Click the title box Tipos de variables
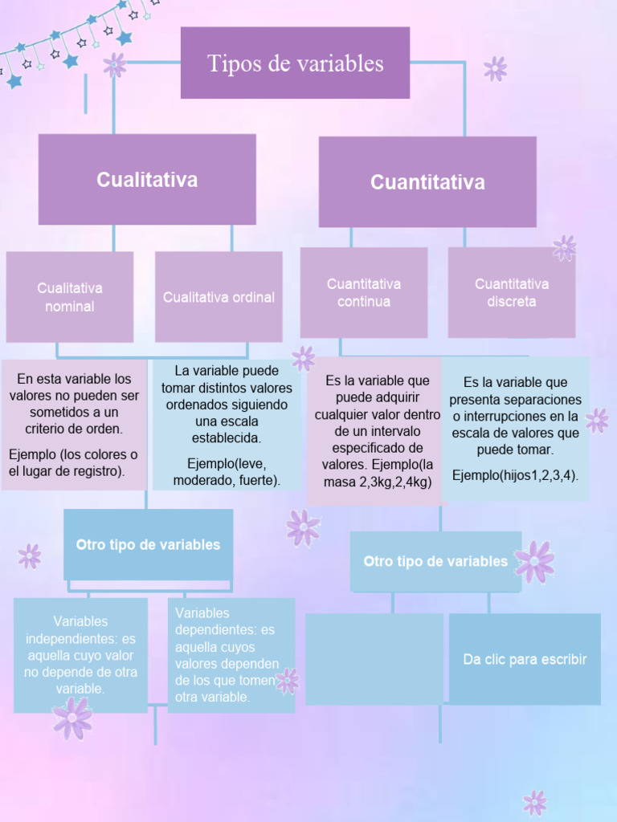(x=295, y=63)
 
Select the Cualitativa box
(x=147, y=179)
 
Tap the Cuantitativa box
(x=427, y=182)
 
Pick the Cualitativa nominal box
(x=70, y=297)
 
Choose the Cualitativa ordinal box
(x=219, y=297)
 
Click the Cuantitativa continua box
(x=364, y=293)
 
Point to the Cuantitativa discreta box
(x=511, y=293)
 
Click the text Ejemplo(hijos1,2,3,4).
(x=515, y=475)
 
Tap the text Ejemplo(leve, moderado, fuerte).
(x=227, y=473)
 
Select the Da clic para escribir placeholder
(x=525, y=659)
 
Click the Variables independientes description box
(x=80, y=654)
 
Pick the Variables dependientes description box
(x=231, y=655)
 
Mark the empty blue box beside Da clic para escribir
(x=374, y=659)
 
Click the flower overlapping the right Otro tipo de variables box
(x=534, y=561)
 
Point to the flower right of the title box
(x=496, y=68)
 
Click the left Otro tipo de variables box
(x=148, y=544)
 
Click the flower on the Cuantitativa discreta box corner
(x=565, y=248)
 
